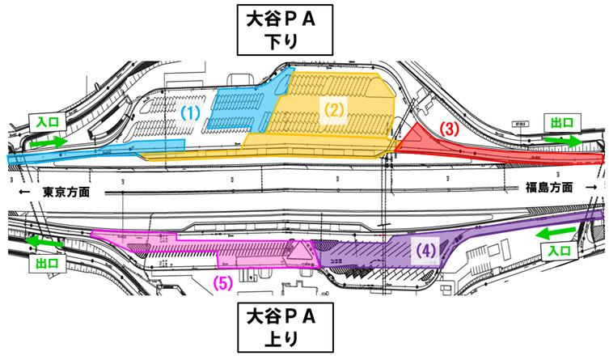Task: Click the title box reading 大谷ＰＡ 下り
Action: click(279, 29)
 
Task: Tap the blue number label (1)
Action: click(190, 113)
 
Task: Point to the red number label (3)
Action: click(450, 129)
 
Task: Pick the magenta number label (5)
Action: click(223, 282)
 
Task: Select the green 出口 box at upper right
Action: click(560, 121)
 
